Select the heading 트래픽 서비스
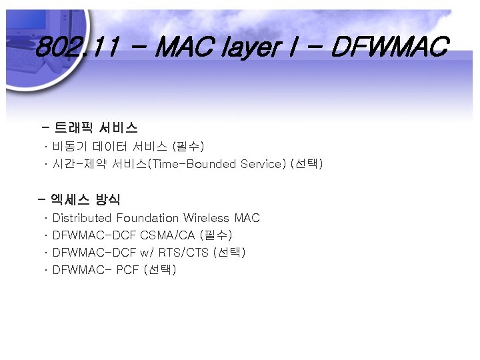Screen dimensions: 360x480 click(x=96, y=127)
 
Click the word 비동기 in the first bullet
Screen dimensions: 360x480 click(x=70, y=146)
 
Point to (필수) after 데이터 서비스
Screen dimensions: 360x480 click(x=188, y=146)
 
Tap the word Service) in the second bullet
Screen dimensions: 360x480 click(x=261, y=163)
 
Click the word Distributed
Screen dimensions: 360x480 click(x=82, y=218)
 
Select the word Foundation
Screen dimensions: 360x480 click(x=147, y=218)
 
